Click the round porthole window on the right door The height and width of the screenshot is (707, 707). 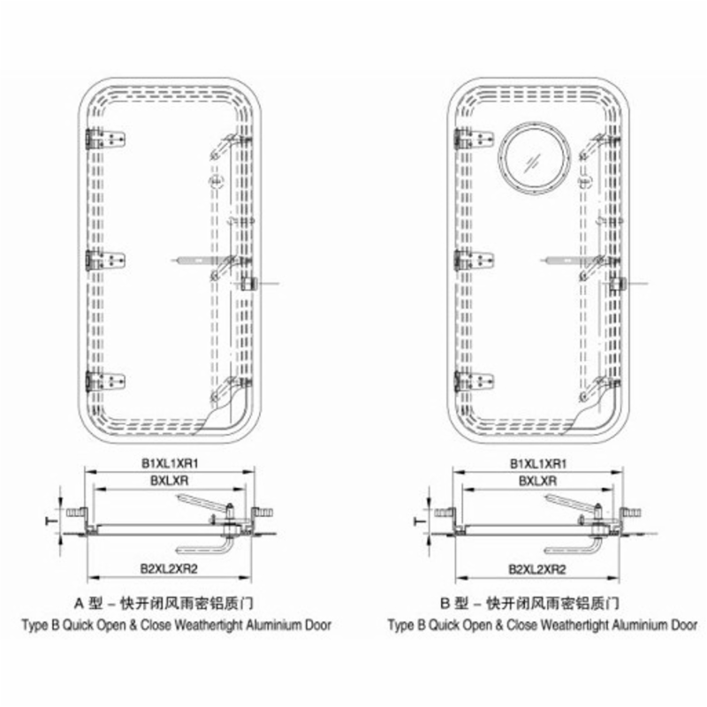pos(534,158)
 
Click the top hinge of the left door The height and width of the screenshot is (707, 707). pos(105,139)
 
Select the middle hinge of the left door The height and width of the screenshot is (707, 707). pos(105,261)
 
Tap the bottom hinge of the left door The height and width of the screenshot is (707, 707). pos(105,382)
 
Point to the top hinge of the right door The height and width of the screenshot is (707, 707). pos(474,139)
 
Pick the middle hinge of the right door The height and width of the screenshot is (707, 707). pos(474,261)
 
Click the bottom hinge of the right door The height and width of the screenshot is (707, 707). pos(474,382)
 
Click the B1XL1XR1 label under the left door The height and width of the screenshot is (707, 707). pos(170,463)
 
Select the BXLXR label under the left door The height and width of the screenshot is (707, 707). pos(169,481)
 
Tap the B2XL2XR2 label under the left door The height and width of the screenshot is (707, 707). pos(169,568)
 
